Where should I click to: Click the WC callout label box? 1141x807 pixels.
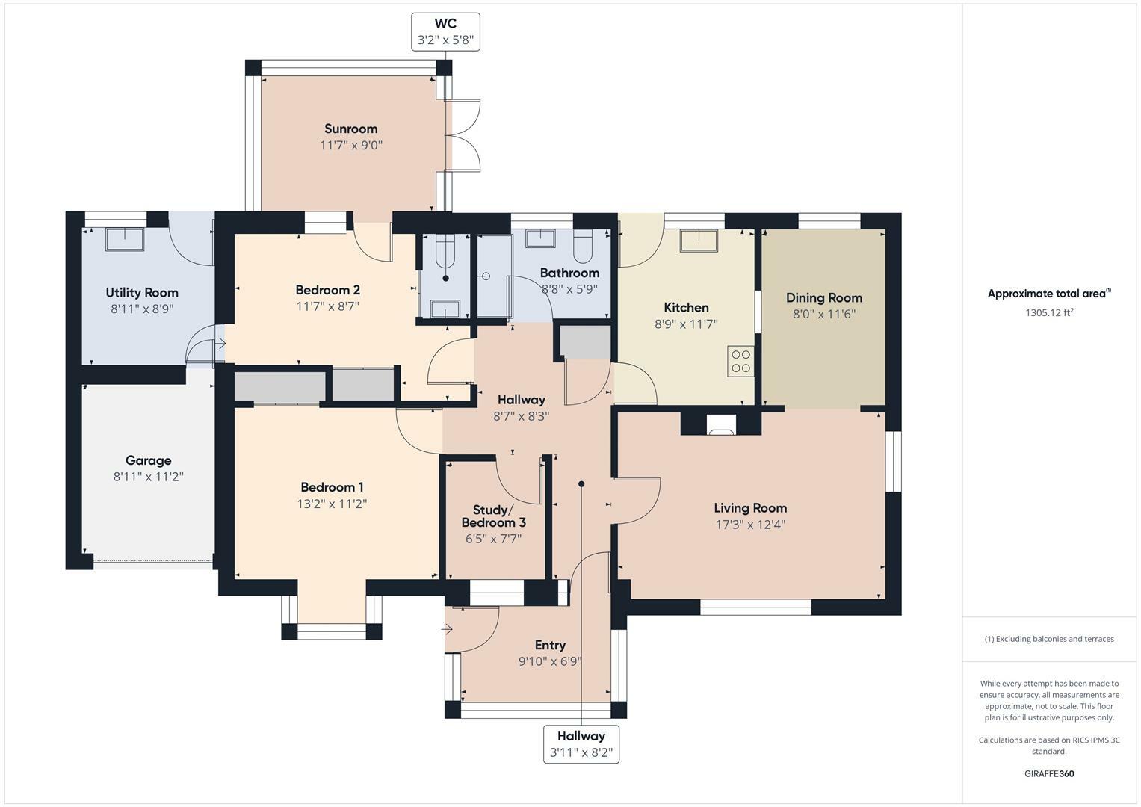point(445,32)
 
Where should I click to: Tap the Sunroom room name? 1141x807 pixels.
point(350,129)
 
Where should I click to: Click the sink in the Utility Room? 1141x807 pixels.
point(126,238)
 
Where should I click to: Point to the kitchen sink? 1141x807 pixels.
point(698,240)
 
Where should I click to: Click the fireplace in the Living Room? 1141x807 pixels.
point(721,425)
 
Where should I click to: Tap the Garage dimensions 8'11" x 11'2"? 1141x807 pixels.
point(148,477)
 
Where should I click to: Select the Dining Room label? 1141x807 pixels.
point(823,297)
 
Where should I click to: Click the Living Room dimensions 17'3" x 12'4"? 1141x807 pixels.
point(750,525)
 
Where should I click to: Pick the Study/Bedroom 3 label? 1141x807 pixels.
point(493,516)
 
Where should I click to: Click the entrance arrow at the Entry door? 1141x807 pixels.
point(447,629)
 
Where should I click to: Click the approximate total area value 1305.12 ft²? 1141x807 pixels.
point(1049,312)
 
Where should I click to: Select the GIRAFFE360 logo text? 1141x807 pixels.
point(1049,773)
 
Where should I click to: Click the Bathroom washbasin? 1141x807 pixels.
point(539,238)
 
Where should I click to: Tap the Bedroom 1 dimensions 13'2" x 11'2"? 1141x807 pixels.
point(331,504)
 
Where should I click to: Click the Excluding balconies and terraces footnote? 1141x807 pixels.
point(1049,639)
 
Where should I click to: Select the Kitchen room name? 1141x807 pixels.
point(686,307)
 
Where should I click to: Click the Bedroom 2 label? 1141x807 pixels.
point(327,290)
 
